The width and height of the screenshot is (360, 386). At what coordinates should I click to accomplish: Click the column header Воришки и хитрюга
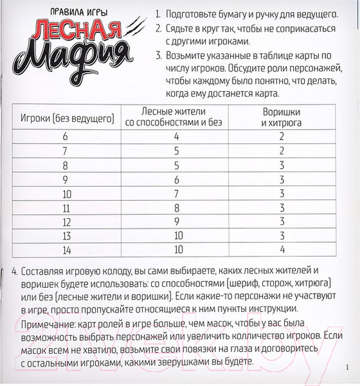[x=282, y=116]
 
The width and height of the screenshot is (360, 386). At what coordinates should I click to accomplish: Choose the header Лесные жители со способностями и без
[x=176, y=116]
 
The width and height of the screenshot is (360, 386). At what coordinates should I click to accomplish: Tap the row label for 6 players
[x=65, y=136]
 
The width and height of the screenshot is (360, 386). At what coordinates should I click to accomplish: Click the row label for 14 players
[x=65, y=250]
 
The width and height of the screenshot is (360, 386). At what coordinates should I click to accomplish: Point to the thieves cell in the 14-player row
[x=282, y=250]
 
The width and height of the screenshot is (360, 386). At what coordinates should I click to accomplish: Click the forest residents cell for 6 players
[x=176, y=136]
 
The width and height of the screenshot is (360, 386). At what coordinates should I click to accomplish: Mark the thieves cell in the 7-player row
[x=282, y=151]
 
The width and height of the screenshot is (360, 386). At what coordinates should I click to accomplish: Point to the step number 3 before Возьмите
[x=157, y=56]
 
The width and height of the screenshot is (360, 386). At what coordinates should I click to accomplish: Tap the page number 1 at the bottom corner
[x=347, y=367]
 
